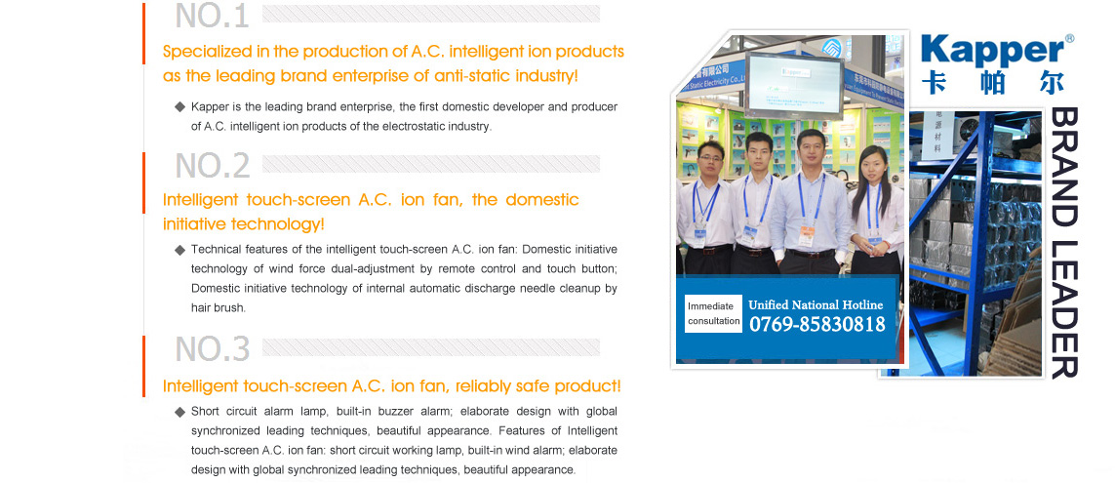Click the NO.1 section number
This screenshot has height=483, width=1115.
pyautogui.click(x=212, y=16)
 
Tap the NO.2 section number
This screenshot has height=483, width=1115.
pyautogui.click(x=213, y=165)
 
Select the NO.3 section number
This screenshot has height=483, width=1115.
pyautogui.click(x=213, y=348)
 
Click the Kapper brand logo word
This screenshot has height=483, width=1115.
pyautogui.click(x=992, y=51)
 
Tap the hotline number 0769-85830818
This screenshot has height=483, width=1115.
pyautogui.click(x=817, y=324)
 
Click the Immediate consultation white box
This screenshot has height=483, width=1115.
pyautogui.click(x=713, y=313)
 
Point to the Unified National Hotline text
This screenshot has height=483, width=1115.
pyautogui.click(x=816, y=304)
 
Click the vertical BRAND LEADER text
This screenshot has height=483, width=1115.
pyautogui.click(x=1064, y=243)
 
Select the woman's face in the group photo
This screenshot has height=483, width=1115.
pyautogui.click(x=872, y=164)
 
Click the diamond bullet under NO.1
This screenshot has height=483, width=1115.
pyautogui.click(x=179, y=106)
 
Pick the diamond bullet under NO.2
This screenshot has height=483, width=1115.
pyautogui.click(x=179, y=250)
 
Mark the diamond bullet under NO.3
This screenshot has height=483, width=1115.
pyautogui.click(x=179, y=412)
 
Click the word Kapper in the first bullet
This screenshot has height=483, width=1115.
pyautogui.click(x=207, y=107)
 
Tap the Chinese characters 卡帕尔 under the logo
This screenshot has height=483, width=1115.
pyautogui.click(x=993, y=83)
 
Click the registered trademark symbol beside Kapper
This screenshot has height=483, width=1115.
pyautogui.click(x=1069, y=38)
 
